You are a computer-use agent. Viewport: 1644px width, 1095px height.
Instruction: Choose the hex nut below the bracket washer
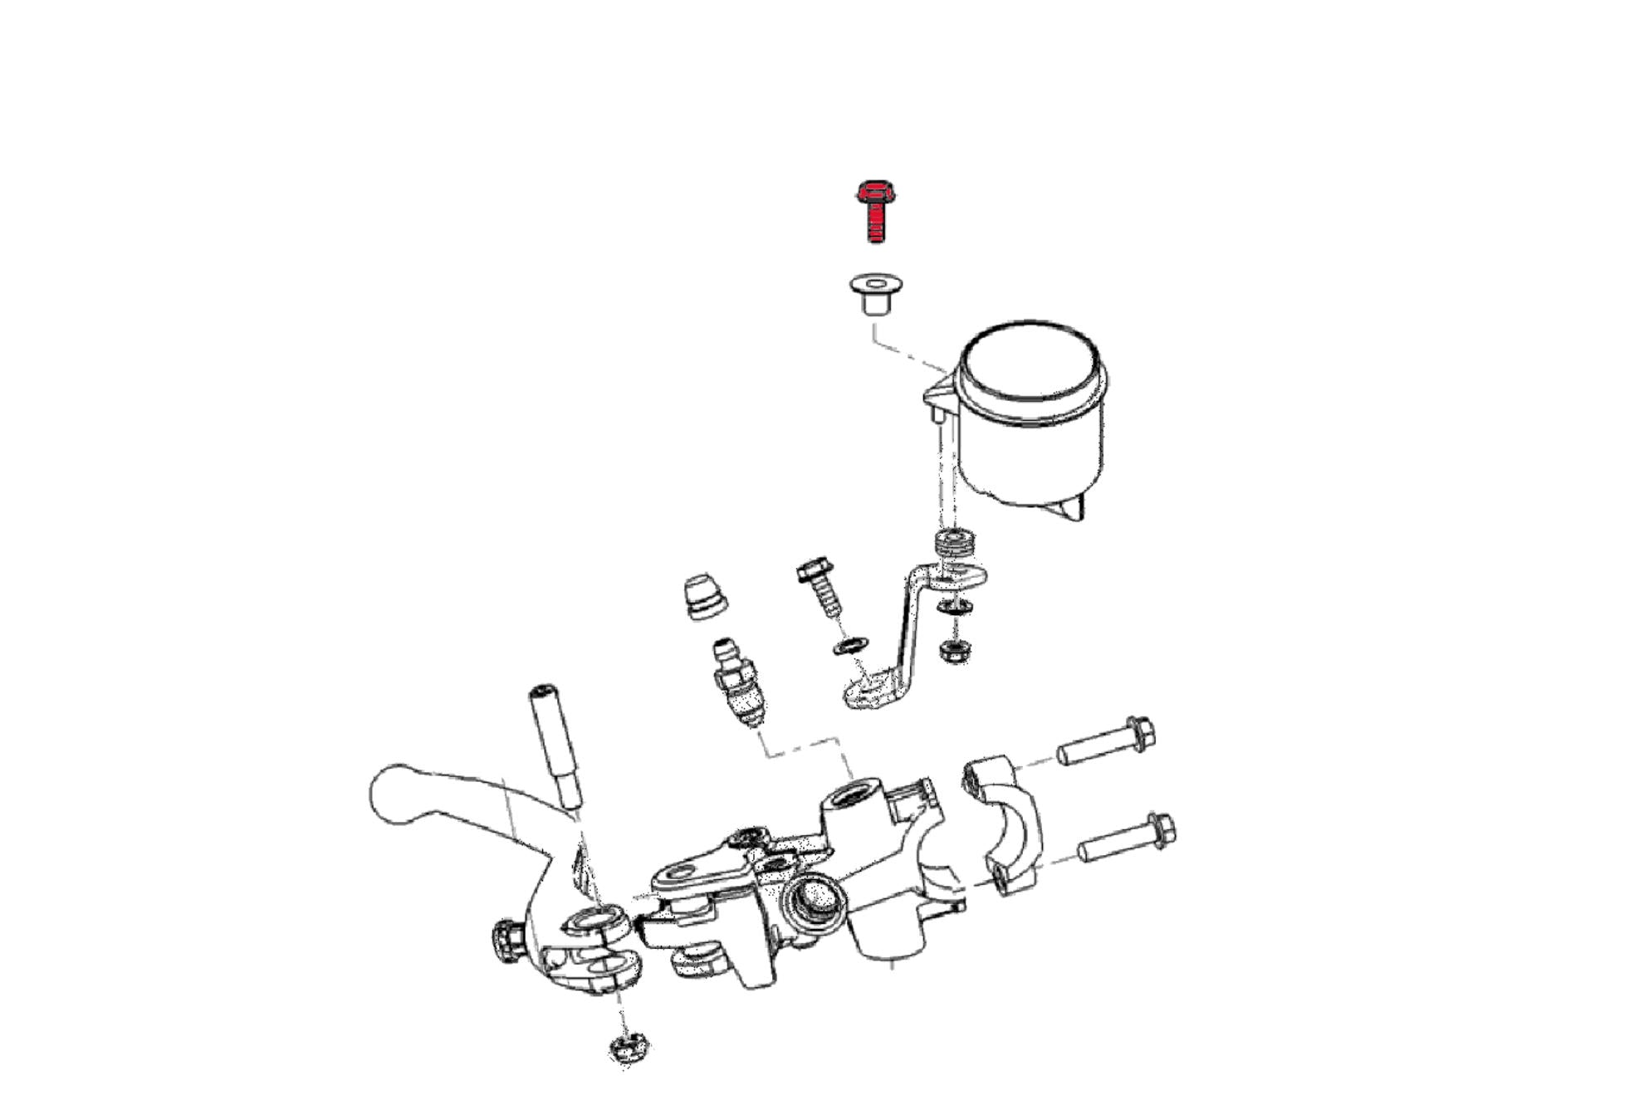[954, 650]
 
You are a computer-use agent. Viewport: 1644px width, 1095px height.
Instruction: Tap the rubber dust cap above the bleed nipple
[704, 595]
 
